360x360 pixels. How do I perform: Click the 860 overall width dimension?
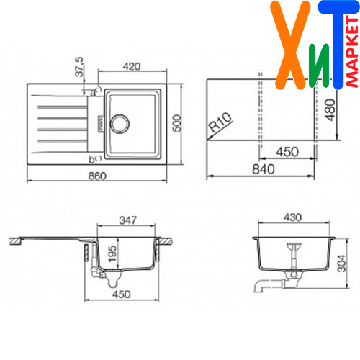point(97,176)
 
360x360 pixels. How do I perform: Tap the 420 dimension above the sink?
point(132,66)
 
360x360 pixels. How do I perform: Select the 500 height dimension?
point(177,123)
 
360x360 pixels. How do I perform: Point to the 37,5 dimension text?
point(79,67)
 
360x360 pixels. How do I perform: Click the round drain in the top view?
point(120,124)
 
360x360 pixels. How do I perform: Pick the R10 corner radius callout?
point(220,122)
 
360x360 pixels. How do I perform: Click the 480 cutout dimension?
point(330,110)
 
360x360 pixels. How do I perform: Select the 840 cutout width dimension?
point(264,169)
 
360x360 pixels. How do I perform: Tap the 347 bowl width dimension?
point(128,220)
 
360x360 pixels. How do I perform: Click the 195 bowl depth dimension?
point(112,253)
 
